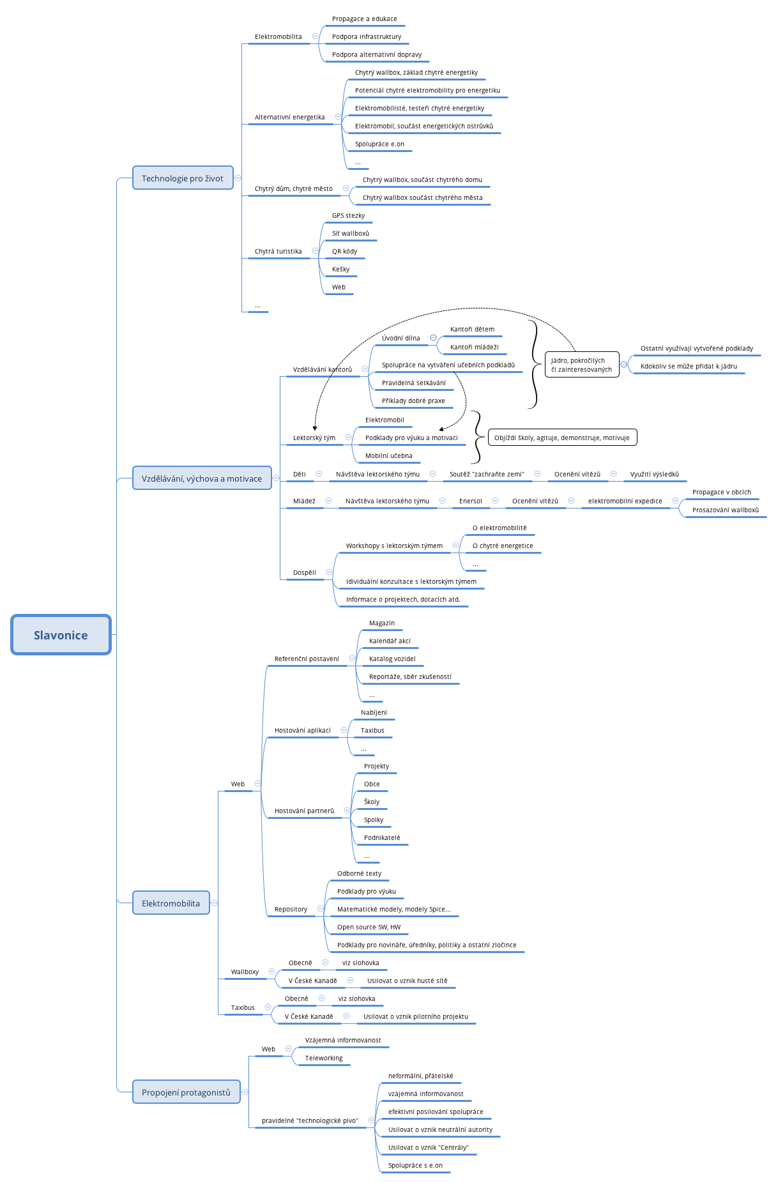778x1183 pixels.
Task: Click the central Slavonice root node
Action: coord(61,635)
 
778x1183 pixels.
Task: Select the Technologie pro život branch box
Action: coord(183,178)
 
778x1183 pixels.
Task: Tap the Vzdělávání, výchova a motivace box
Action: coord(202,478)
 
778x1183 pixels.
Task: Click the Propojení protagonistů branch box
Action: coord(186,1092)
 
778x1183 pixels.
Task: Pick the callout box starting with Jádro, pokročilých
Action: coord(581,365)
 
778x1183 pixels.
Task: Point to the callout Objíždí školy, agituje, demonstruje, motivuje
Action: coord(562,438)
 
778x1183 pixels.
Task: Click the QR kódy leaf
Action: coord(344,252)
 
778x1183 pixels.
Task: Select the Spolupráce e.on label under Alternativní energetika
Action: coord(379,144)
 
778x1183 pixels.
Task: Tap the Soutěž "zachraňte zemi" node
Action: coord(487,475)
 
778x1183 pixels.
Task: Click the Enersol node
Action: coord(471,501)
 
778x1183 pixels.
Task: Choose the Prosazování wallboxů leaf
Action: coord(726,510)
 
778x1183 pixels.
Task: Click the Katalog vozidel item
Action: coord(392,659)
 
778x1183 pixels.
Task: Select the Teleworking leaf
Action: coord(324,1058)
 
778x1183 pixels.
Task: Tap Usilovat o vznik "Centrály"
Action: coord(428,1148)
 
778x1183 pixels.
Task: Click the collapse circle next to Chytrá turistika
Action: coord(315,251)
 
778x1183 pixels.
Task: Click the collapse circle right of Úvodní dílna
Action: coord(433,338)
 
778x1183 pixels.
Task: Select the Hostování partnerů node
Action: coord(304,811)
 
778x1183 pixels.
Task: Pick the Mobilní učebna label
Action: coord(388,456)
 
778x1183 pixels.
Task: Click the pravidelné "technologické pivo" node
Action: coord(310,1121)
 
